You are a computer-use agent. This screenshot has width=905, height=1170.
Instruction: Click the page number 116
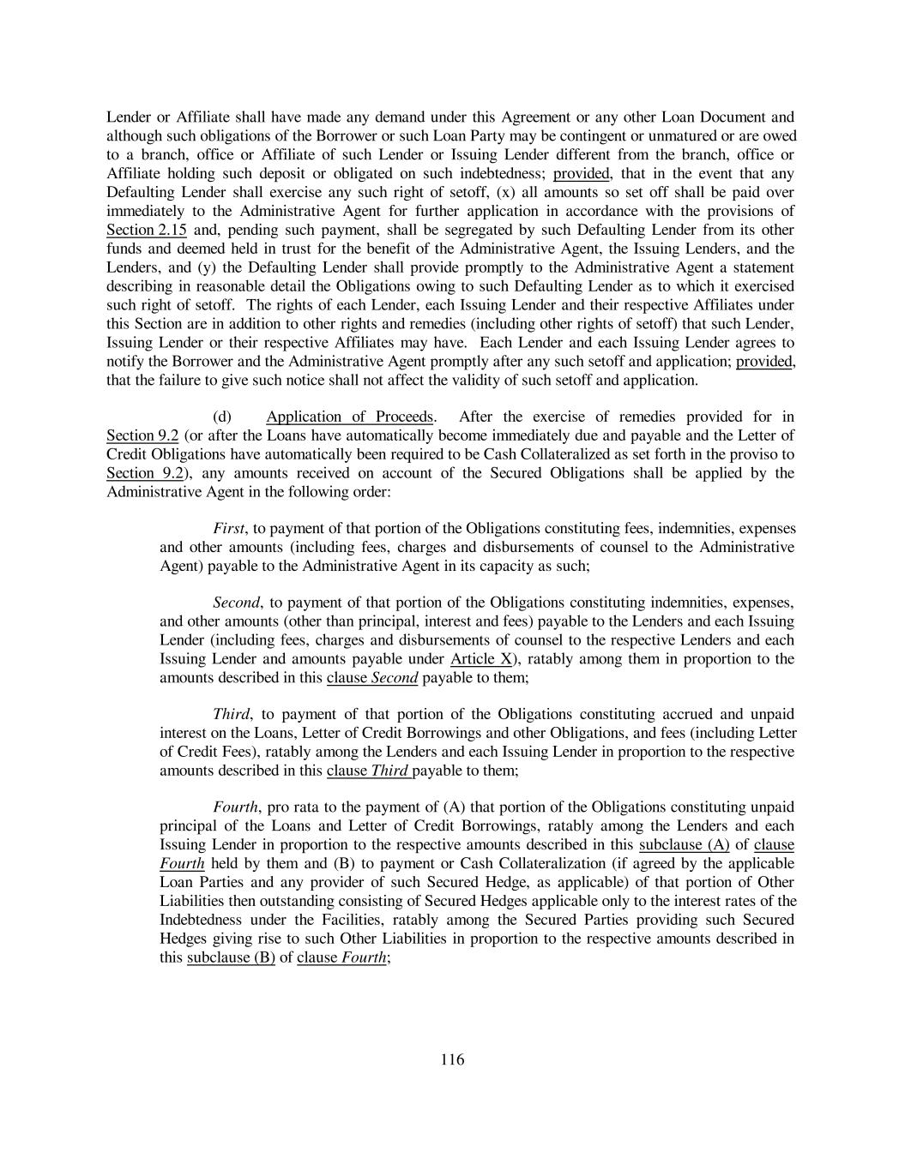pos(452,1060)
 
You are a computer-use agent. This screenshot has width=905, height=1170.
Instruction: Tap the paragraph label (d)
pos(222,417)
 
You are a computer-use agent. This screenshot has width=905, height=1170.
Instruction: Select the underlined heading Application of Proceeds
pos(350,417)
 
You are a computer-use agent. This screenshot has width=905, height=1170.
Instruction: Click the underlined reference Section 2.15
pos(137,230)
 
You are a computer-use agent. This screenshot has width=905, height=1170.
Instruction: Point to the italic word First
pos(228,528)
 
